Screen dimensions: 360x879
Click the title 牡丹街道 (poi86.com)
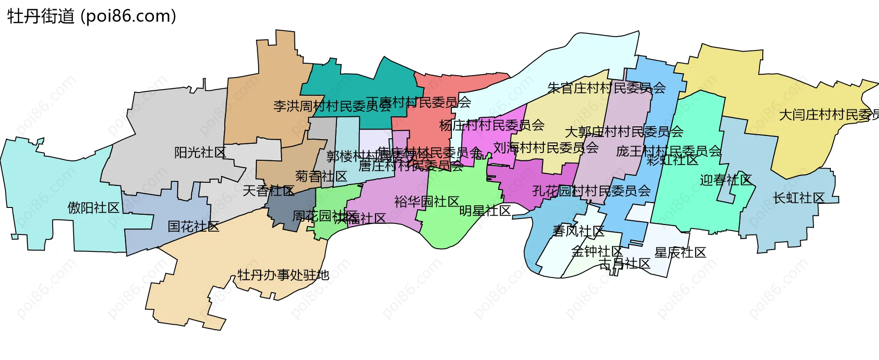(x=92, y=16)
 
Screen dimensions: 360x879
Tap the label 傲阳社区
(x=93, y=207)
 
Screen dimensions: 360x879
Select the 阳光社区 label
(x=200, y=153)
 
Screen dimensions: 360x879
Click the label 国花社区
(x=193, y=226)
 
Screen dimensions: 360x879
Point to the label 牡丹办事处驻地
(x=283, y=275)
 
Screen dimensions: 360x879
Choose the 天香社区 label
(x=268, y=191)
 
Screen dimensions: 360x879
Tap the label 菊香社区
(x=321, y=176)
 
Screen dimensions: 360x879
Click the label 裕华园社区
(x=427, y=202)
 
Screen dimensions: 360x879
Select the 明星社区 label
(x=485, y=211)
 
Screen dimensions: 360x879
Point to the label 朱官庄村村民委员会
(x=607, y=87)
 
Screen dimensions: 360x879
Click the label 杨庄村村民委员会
(x=492, y=125)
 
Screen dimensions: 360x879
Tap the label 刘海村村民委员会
(x=546, y=147)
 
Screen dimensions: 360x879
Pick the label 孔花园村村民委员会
(x=591, y=191)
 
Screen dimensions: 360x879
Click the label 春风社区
(x=578, y=231)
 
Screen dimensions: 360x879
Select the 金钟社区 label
(x=597, y=251)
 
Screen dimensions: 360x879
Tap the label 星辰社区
(x=680, y=252)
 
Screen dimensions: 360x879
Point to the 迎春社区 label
(x=726, y=180)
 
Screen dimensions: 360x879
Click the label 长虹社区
(x=798, y=198)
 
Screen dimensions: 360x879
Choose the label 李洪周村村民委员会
(x=332, y=106)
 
